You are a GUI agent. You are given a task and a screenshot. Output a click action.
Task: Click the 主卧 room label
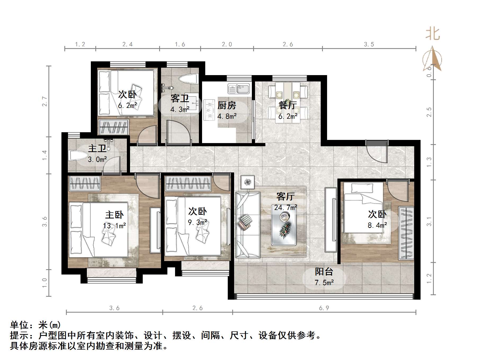pyautogui.click(x=114, y=214)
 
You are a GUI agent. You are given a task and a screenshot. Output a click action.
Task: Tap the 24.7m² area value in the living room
pyautogui.click(x=285, y=207)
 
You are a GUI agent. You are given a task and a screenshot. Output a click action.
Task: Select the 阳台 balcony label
pyautogui.click(x=324, y=272)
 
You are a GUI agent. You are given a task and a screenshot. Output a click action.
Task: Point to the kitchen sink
pyautogui.click(x=239, y=88)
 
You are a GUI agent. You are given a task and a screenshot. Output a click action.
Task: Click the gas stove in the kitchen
pyautogui.click(x=209, y=110)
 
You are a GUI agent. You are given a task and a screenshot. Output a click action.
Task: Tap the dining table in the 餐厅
pyautogui.click(x=288, y=102)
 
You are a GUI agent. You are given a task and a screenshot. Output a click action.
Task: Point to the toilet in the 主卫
pyautogui.click(x=76, y=156)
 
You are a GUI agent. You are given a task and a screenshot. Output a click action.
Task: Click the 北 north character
pyautogui.click(x=432, y=34)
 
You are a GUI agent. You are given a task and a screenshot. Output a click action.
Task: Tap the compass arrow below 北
pyautogui.click(x=432, y=60)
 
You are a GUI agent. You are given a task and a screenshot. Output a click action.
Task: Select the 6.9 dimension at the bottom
pyautogui.click(x=324, y=308)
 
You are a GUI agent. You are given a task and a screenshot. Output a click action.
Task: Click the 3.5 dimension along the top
pyautogui.click(x=369, y=44)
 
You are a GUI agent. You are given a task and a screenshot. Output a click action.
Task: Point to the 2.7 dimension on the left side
pyautogui.click(x=44, y=102)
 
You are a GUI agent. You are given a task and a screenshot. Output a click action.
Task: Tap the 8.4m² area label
pyautogui.click(x=377, y=225)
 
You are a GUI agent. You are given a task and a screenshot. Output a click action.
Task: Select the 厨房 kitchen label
pyautogui.click(x=227, y=105)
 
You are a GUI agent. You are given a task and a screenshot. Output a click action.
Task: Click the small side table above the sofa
pyautogui.click(x=248, y=182)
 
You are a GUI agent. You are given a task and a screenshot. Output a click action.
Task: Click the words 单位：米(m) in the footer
pyautogui.click(x=35, y=325)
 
